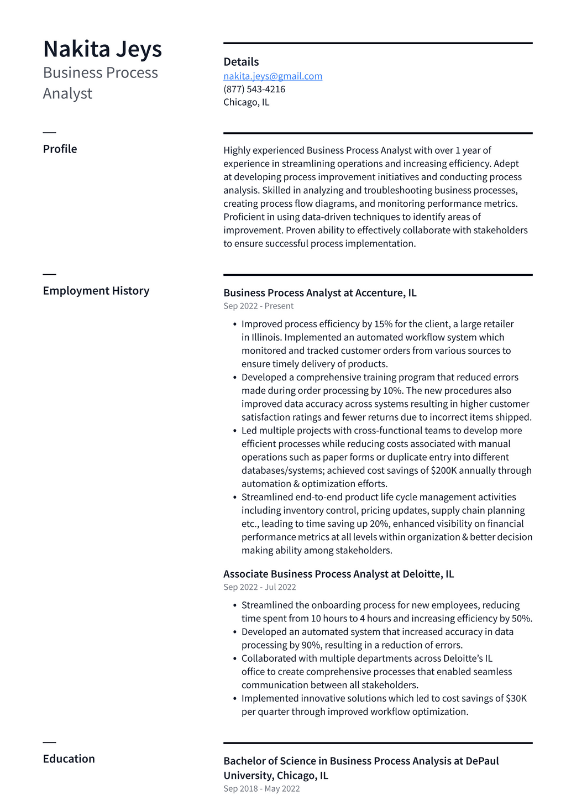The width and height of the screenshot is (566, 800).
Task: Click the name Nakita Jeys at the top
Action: click(x=102, y=49)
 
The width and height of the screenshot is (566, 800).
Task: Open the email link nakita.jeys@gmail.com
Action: click(x=272, y=76)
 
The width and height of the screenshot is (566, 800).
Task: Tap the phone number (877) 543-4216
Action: click(x=254, y=89)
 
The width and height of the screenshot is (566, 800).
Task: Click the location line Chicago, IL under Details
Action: click(x=246, y=102)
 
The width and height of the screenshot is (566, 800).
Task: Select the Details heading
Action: click(x=241, y=62)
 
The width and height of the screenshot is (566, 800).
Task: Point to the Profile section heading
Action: click(x=60, y=149)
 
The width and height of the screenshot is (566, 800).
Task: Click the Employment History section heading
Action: click(x=96, y=291)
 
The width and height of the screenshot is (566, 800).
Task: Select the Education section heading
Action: click(x=69, y=759)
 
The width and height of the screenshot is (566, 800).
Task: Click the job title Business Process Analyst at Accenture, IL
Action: click(x=319, y=293)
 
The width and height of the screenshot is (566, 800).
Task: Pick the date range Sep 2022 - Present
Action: click(x=258, y=306)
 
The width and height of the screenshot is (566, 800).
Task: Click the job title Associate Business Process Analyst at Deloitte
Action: click(x=338, y=574)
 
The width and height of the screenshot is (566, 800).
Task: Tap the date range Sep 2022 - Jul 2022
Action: click(x=259, y=587)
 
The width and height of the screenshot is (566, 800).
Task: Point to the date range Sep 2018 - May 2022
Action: click(x=261, y=788)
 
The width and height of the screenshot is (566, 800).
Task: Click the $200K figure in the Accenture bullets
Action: click(x=443, y=470)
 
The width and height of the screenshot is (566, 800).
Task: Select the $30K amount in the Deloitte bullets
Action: click(x=516, y=698)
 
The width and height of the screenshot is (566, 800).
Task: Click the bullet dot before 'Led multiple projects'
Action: click(x=235, y=431)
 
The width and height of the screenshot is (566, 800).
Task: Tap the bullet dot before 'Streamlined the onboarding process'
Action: click(x=235, y=606)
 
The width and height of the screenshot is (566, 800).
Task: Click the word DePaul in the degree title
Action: click(x=482, y=761)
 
